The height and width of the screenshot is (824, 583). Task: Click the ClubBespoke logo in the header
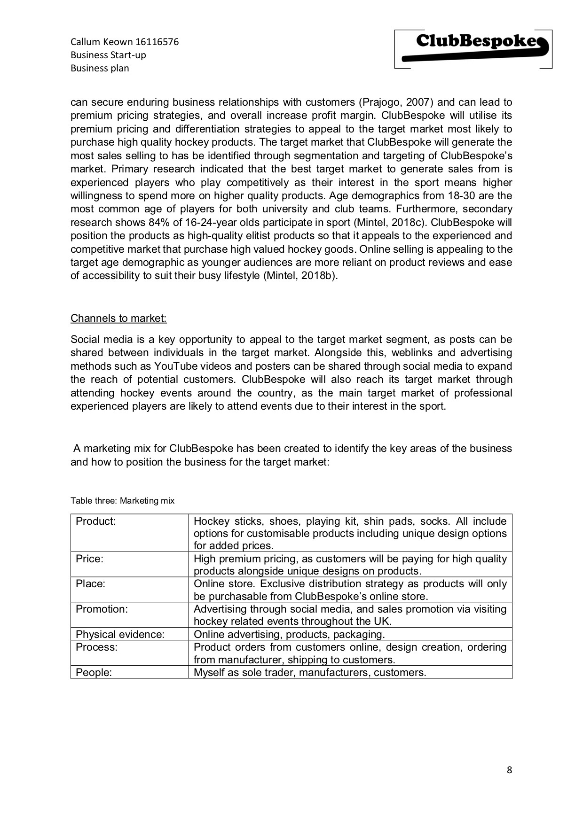pyautogui.click(x=473, y=49)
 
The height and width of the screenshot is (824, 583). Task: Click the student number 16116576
pyautogui.click(x=157, y=42)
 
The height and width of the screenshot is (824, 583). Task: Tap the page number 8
pyautogui.click(x=509, y=770)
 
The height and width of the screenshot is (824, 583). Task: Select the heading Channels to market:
pyautogui.click(x=118, y=319)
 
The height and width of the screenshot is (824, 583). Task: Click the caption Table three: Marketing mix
pyautogui.click(x=122, y=501)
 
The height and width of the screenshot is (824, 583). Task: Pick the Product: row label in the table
pyautogui.click(x=95, y=521)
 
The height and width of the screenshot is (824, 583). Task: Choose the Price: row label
pyautogui.click(x=89, y=559)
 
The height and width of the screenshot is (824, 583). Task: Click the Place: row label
pyautogui.click(x=90, y=583)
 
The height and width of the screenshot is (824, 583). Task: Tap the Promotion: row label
pyautogui.click(x=102, y=609)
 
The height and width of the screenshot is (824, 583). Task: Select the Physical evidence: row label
pyautogui.click(x=120, y=634)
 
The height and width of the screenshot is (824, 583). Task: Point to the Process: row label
pyautogui.click(x=96, y=647)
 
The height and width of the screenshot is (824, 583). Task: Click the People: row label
pyautogui.click(x=94, y=672)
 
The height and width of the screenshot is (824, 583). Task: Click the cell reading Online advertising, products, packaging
pyautogui.click(x=289, y=634)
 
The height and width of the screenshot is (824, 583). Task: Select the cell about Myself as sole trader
pyautogui.click(x=310, y=672)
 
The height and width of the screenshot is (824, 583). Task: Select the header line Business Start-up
pyautogui.click(x=108, y=55)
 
